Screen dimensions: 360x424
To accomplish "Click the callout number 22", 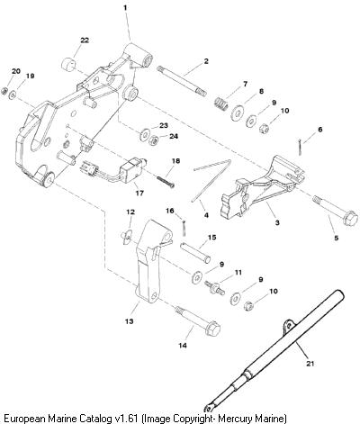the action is (x=85, y=41).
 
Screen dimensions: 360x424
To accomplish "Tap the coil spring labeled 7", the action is (x=222, y=103).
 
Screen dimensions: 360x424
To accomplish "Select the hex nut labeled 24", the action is (x=154, y=140).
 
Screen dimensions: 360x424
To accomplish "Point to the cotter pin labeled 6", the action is (x=300, y=147).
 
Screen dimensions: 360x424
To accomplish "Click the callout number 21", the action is (x=310, y=364).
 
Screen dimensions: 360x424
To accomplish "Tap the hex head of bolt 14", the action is (x=212, y=329).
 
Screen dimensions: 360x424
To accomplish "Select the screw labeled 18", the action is (x=166, y=182).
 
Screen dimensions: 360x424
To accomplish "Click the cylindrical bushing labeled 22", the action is (x=69, y=64).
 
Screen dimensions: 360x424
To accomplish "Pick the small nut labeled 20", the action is (x=4, y=90).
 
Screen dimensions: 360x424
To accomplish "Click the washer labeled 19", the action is (x=13, y=95).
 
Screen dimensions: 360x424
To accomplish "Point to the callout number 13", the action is (x=129, y=321).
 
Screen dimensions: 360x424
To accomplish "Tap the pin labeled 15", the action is (x=195, y=253).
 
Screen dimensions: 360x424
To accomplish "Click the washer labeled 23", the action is (x=145, y=135).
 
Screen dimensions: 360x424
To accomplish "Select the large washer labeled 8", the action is (x=238, y=113).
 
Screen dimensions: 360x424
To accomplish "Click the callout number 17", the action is (x=139, y=193).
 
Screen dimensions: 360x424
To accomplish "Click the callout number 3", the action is (x=277, y=222).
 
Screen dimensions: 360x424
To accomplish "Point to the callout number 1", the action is (x=125, y=8).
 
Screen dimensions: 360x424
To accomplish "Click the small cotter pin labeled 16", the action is (x=184, y=228).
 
